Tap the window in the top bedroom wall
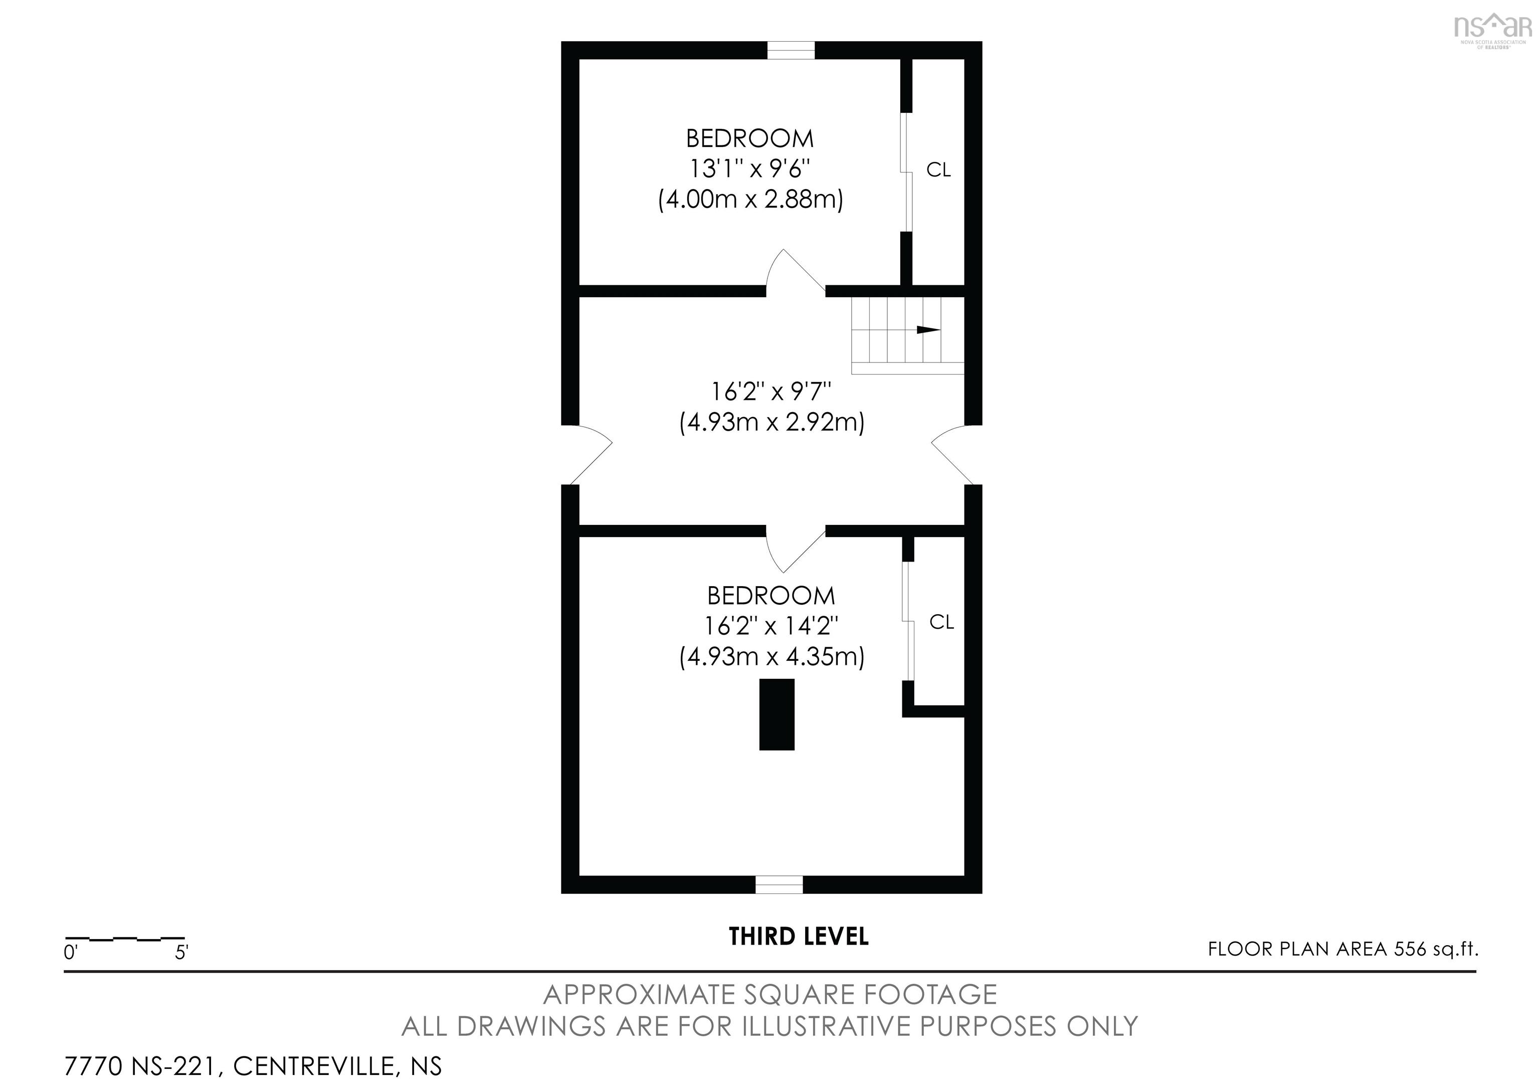(x=791, y=50)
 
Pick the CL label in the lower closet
(x=941, y=623)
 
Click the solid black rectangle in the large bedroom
(x=777, y=714)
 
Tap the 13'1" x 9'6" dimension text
(x=750, y=168)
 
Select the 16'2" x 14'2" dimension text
(x=772, y=626)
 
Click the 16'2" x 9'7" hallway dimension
(x=772, y=391)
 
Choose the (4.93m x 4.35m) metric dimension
(x=772, y=657)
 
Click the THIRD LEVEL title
(x=798, y=937)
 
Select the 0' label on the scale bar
(x=71, y=953)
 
